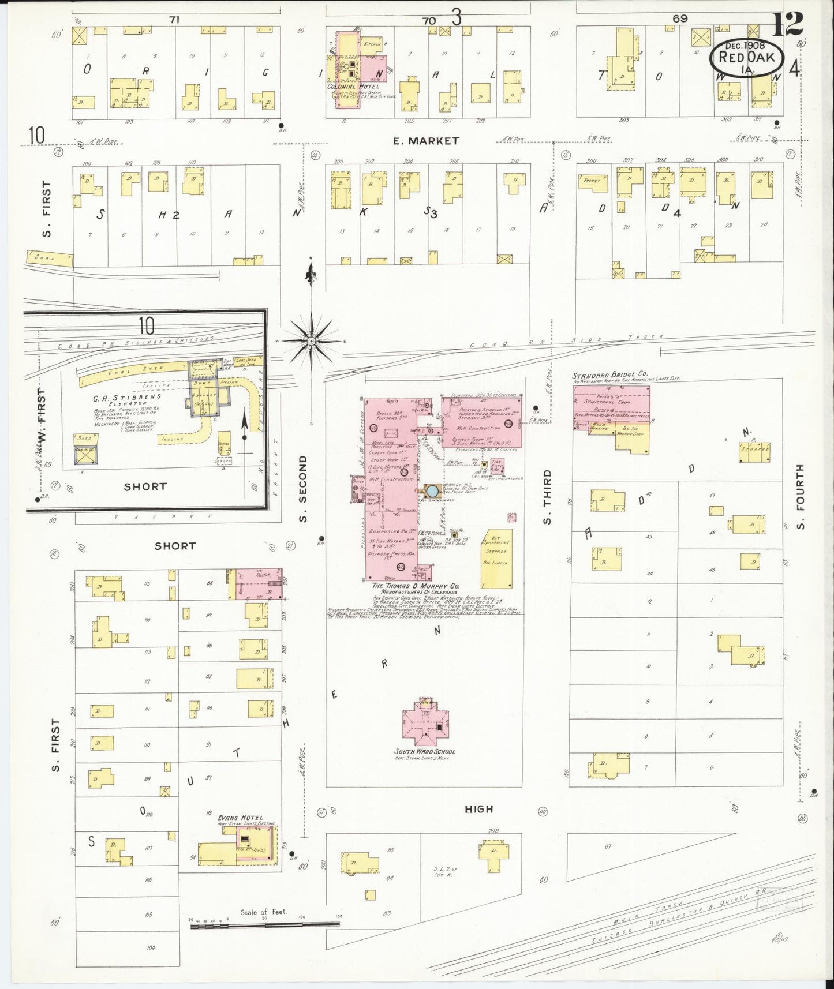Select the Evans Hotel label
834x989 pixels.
pos(241,817)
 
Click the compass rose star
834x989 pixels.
pos(311,342)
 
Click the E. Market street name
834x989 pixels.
pos(426,141)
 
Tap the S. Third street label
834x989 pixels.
pos(547,497)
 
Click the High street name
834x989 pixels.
pos(479,809)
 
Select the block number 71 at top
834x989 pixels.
pos(175,20)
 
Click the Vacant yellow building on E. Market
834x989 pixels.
pos(593,181)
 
